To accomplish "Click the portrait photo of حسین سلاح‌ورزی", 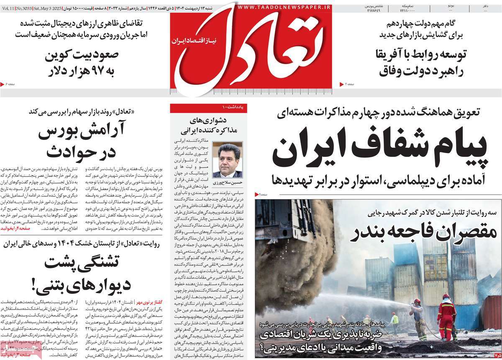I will tap(228, 160).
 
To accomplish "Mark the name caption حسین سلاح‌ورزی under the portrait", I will tap(228, 183).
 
